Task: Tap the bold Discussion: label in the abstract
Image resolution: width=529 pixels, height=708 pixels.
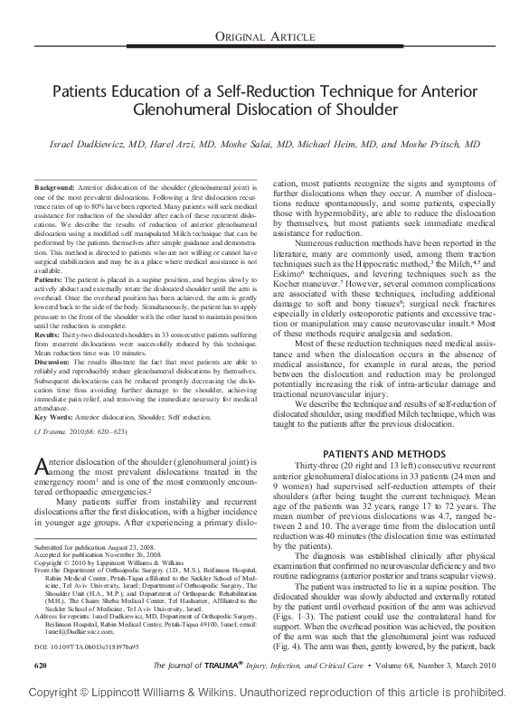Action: pos(53,362)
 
